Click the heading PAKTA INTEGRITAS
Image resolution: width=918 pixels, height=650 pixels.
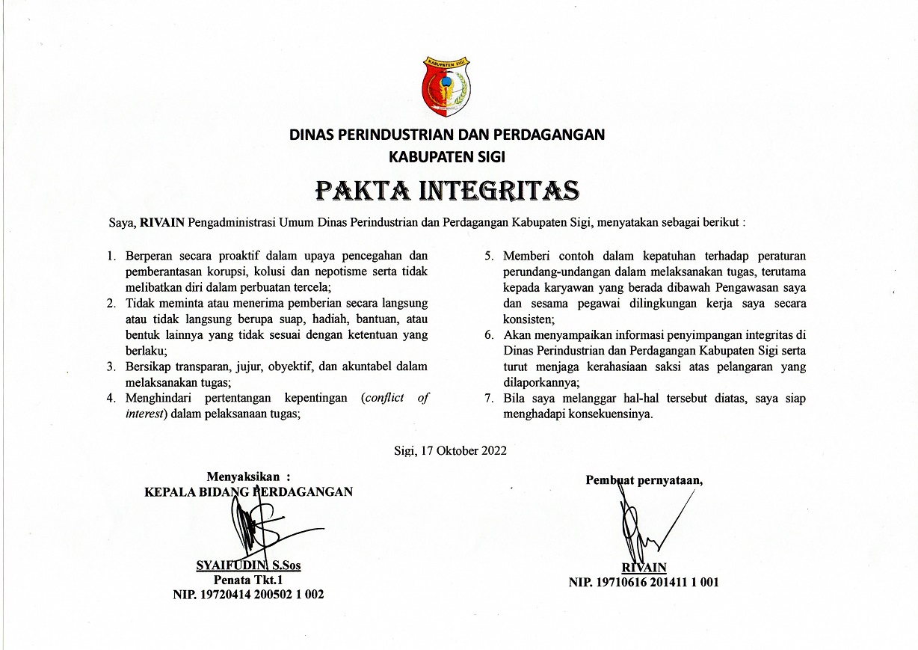448,191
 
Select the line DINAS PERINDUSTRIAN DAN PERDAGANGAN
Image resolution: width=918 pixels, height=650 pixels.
448,135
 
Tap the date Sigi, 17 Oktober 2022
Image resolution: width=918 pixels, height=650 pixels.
450,450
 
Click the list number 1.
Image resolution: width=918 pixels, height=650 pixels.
111,256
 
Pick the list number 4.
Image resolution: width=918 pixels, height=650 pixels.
111,398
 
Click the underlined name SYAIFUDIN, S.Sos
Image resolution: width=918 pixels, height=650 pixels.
248,566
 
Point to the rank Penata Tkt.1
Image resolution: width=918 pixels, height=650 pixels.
248,580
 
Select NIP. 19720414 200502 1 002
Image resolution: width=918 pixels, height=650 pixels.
248,595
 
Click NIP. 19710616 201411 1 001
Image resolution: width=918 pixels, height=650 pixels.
644,582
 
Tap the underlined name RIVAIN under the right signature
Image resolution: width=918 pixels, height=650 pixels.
644,568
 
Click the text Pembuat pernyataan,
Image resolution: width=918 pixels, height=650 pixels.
644,480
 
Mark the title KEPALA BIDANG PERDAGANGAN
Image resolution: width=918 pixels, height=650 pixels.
248,491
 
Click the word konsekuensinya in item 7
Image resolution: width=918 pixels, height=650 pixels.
617,413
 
